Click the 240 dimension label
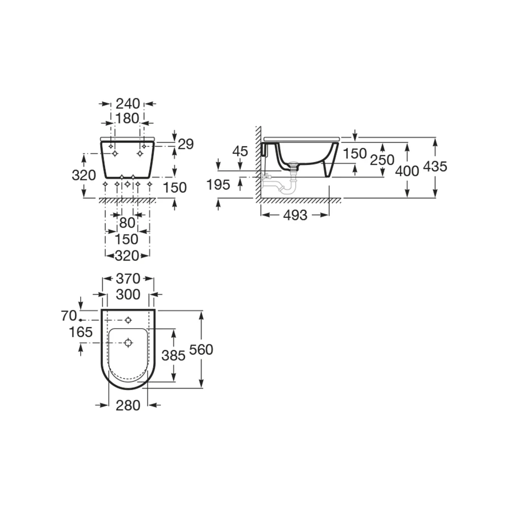coord(128,104)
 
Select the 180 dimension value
coord(128,118)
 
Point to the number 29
coord(185,144)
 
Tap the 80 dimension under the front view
coord(127,223)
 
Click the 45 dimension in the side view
coord(240,151)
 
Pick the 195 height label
coord(218,185)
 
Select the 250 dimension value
coord(382,160)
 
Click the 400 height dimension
coord(407,171)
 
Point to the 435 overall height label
coord(435,167)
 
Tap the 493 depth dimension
coord(295,215)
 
